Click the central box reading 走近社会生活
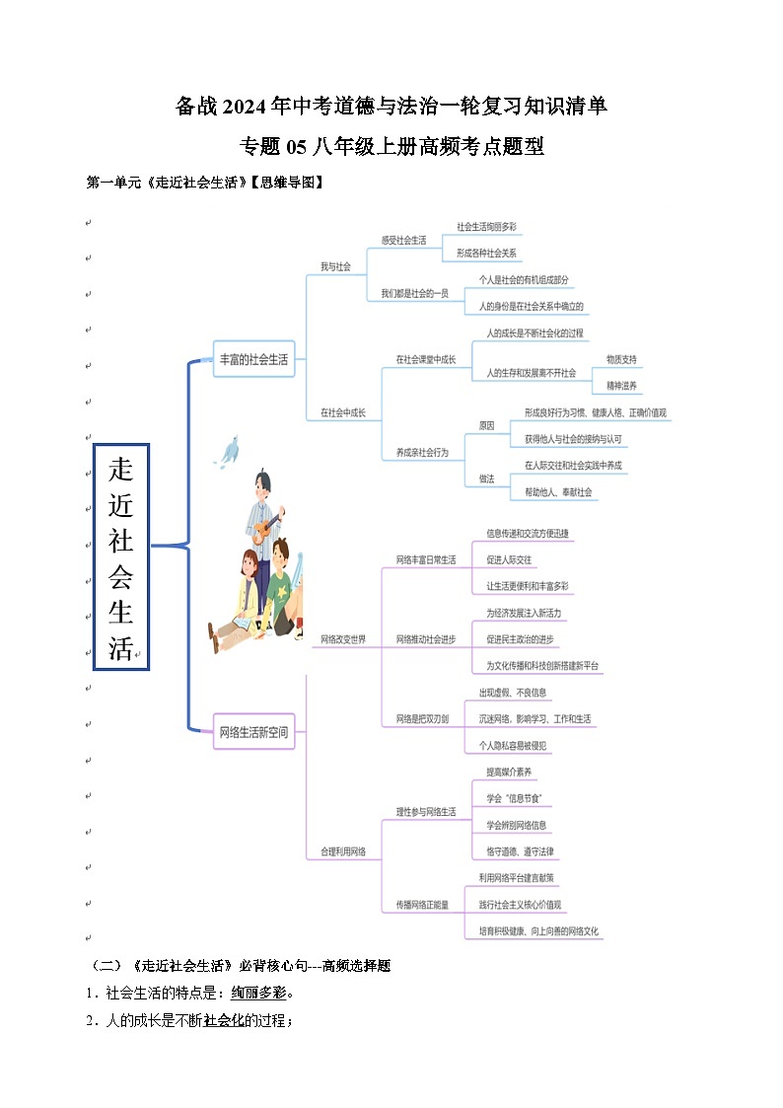tap(120, 556)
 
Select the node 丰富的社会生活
tap(253, 360)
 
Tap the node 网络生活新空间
tap(253, 732)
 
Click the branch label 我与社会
tap(335, 266)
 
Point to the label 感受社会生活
tap(403, 240)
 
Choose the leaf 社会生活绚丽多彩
tap(486, 227)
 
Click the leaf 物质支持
tap(621, 359)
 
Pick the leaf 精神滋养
tap(621, 386)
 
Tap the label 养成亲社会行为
tap(422, 452)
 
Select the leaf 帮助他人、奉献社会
tap(560, 491)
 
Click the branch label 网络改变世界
tap(343, 639)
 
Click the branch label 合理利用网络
tap(343, 850)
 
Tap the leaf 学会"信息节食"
tap(513, 797)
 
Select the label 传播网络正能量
tap(422, 904)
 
